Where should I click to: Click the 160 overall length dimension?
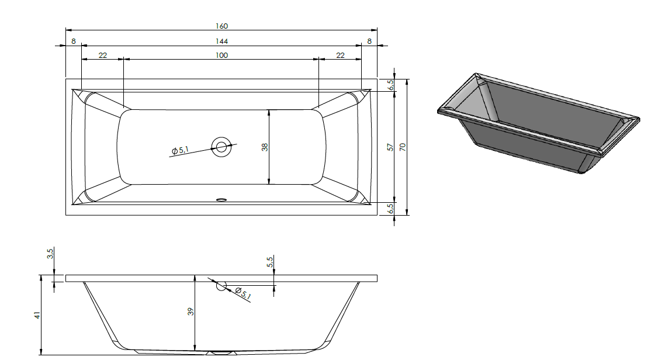point(221,26)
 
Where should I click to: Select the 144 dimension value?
point(221,41)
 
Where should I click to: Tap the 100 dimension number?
point(221,56)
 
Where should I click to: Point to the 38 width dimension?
point(264,147)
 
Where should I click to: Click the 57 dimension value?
point(390,147)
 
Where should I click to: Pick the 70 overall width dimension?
point(403,147)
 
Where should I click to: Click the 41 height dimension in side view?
point(37,314)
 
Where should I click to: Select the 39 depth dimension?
point(191,311)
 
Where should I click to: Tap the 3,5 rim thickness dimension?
point(50,254)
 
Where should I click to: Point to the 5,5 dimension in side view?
point(270,262)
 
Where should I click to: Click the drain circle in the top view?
point(221,147)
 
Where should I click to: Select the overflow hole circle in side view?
point(221,286)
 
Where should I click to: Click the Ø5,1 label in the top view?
point(180,150)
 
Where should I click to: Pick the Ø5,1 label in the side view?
point(243,293)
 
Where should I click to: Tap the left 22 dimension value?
point(103,56)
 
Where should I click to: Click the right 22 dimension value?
point(340,56)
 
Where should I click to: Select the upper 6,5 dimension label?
point(390,85)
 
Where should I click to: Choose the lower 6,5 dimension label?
point(390,209)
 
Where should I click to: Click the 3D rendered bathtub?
point(538,123)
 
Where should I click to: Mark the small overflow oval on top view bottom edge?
point(221,200)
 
